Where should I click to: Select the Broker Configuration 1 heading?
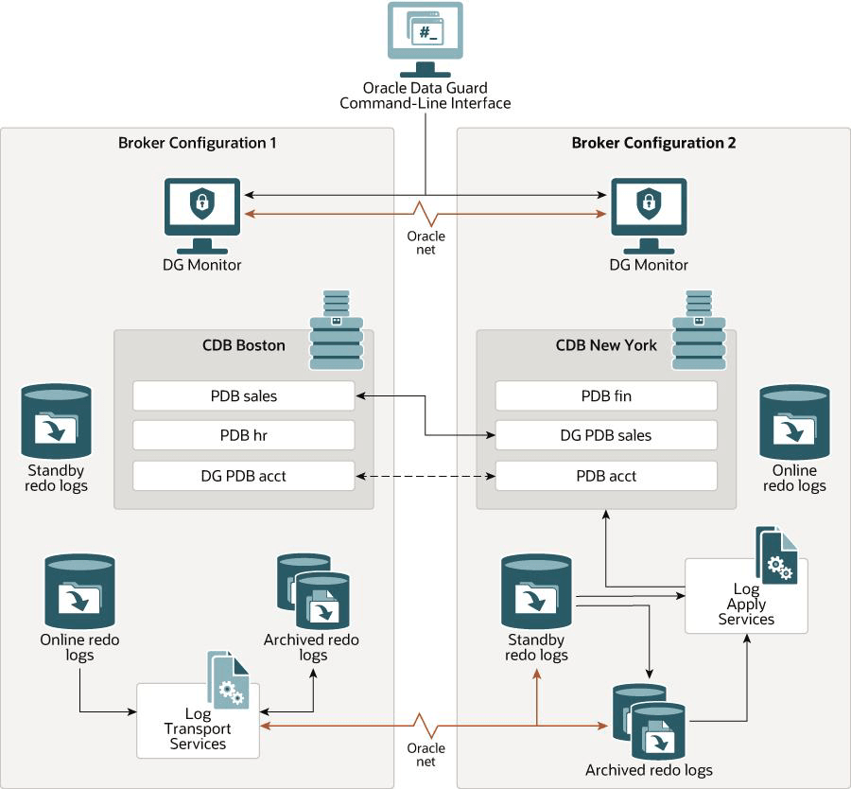198,144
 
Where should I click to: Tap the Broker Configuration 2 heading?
653,144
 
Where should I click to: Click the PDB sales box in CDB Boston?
243,395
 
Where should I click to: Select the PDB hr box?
243,435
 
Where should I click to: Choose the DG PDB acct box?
243,476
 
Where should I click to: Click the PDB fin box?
606,395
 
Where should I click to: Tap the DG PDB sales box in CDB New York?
606,435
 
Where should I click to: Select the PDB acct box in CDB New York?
606,476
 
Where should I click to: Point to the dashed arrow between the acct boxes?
425,476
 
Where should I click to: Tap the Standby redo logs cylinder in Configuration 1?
57,421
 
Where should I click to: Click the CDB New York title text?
606,345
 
